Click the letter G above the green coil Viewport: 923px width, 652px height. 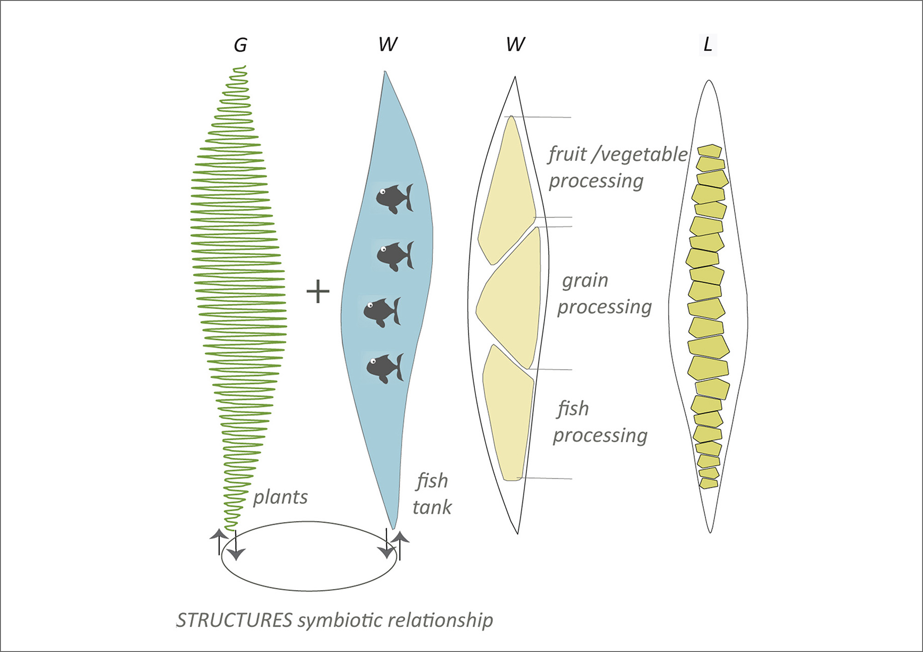pyautogui.click(x=240, y=45)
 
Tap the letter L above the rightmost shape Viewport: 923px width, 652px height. pyautogui.click(x=707, y=45)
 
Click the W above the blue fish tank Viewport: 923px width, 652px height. pyautogui.click(x=388, y=45)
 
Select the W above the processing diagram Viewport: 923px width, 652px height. pyautogui.click(x=515, y=45)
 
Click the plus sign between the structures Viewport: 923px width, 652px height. pyautogui.click(x=318, y=291)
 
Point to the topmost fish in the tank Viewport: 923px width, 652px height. pyautogui.click(x=394, y=198)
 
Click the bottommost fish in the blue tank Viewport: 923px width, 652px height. pyautogui.click(x=384, y=367)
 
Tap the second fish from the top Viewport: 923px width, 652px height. pyautogui.click(x=395, y=256)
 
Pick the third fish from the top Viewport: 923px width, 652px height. pyautogui.click(x=382, y=312)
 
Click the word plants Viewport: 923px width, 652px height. pyautogui.click(x=280, y=498)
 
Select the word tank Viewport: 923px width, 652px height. pyautogui.click(x=432, y=507)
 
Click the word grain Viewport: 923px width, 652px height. pyautogui.click(x=585, y=280)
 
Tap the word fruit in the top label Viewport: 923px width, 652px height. pyautogui.click(x=567, y=154)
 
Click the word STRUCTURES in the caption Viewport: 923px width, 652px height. pyautogui.click(x=234, y=620)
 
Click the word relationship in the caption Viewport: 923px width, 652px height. pyautogui.click(x=440, y=621)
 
